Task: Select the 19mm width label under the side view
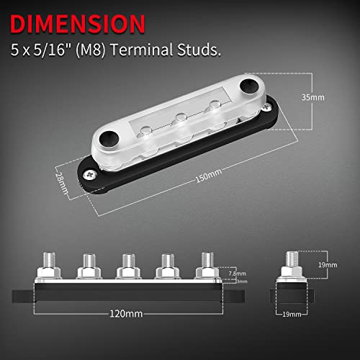point(292,314)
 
